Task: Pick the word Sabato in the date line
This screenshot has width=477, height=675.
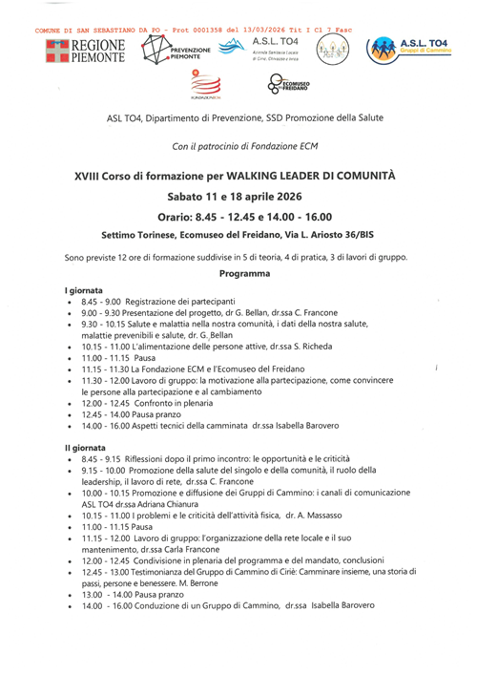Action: coord(190,196)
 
